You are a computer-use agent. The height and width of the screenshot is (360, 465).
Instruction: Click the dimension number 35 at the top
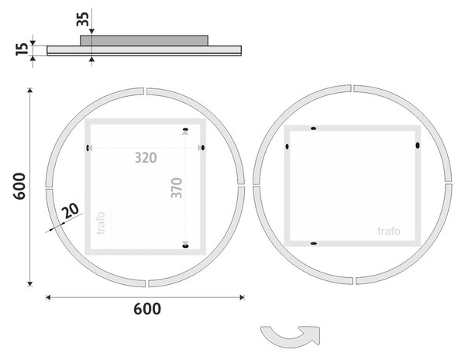[82, 19]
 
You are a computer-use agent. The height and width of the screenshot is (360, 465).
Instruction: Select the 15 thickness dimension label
[22, 50]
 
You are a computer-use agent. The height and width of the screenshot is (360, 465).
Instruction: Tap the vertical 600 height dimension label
[19, 186]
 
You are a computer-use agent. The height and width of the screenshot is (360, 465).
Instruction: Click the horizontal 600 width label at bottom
[147, 309]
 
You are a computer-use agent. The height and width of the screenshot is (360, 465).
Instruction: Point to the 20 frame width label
[71, 211]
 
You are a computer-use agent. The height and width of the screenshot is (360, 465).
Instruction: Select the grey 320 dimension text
[146, 158]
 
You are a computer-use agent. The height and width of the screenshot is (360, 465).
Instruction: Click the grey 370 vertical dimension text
[177, 188]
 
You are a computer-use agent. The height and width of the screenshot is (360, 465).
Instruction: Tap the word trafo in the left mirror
[101, 222]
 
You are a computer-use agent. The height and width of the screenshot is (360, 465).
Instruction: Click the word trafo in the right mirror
[389, 231]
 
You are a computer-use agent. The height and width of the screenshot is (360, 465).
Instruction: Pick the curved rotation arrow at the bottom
[291, 336]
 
